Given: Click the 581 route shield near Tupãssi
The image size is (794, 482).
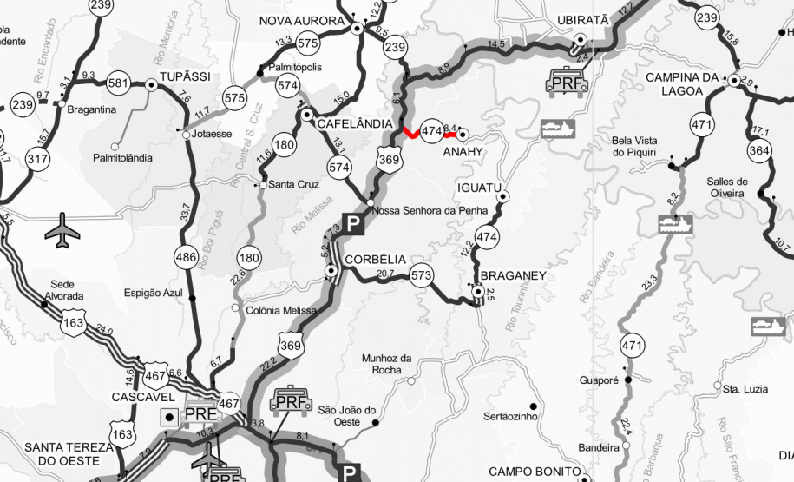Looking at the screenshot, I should click(118, 84).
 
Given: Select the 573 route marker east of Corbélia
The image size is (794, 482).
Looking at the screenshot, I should click(421, 274).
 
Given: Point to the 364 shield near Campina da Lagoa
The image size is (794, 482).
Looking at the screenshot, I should click(758, 151).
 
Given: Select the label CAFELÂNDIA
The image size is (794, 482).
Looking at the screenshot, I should click(356, 124).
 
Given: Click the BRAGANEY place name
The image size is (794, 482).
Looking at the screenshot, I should click(513, 275).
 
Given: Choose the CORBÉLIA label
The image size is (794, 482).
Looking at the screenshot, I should click(375, 260).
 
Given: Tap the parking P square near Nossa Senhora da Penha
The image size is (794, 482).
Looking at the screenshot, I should click(352, 224).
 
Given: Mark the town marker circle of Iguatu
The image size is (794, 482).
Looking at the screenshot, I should click(502, 197).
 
